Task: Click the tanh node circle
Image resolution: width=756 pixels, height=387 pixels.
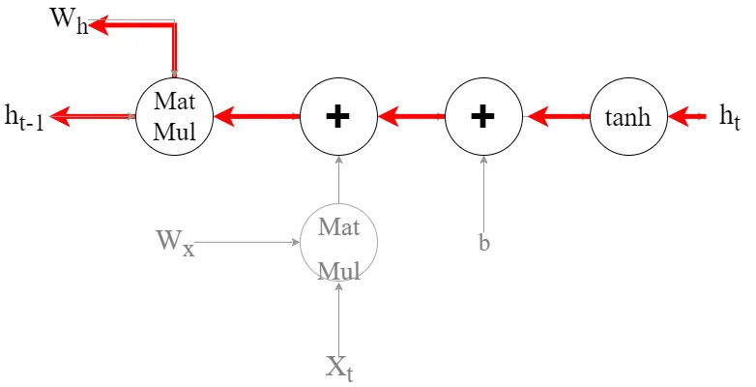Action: coord(628,117)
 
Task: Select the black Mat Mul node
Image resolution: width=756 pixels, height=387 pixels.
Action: coord(175,117)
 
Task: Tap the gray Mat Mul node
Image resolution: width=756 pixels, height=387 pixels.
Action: coord(338,243)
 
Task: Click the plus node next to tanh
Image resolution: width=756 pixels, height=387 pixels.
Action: coord(482,117)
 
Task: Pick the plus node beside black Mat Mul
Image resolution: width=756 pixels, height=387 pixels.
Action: coord(338,117)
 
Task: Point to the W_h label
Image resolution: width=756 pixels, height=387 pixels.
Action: coord(69,21)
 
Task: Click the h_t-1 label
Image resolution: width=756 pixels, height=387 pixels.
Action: coord(24,118)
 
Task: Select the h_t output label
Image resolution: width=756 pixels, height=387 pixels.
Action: coord(729,117)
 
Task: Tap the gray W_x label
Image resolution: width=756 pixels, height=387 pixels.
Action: coord(175,241)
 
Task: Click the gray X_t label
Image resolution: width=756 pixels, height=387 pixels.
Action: coord(338,367)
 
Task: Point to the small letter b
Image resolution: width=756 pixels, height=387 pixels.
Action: coord(484,243)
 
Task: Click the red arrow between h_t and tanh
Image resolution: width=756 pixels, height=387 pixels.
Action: coord(687,117)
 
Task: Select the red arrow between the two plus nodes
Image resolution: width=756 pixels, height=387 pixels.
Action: coord(411,117)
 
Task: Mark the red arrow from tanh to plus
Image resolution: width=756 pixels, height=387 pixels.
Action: coord(556,117)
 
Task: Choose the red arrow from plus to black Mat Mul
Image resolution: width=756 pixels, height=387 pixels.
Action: coord(256,117)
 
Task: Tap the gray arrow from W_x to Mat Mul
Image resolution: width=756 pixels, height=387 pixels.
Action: coord(247,242)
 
